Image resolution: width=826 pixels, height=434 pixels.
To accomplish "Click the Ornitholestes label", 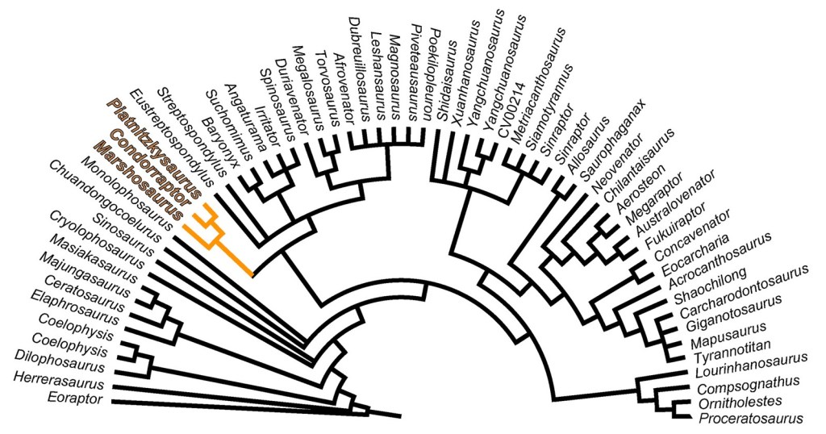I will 748,402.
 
